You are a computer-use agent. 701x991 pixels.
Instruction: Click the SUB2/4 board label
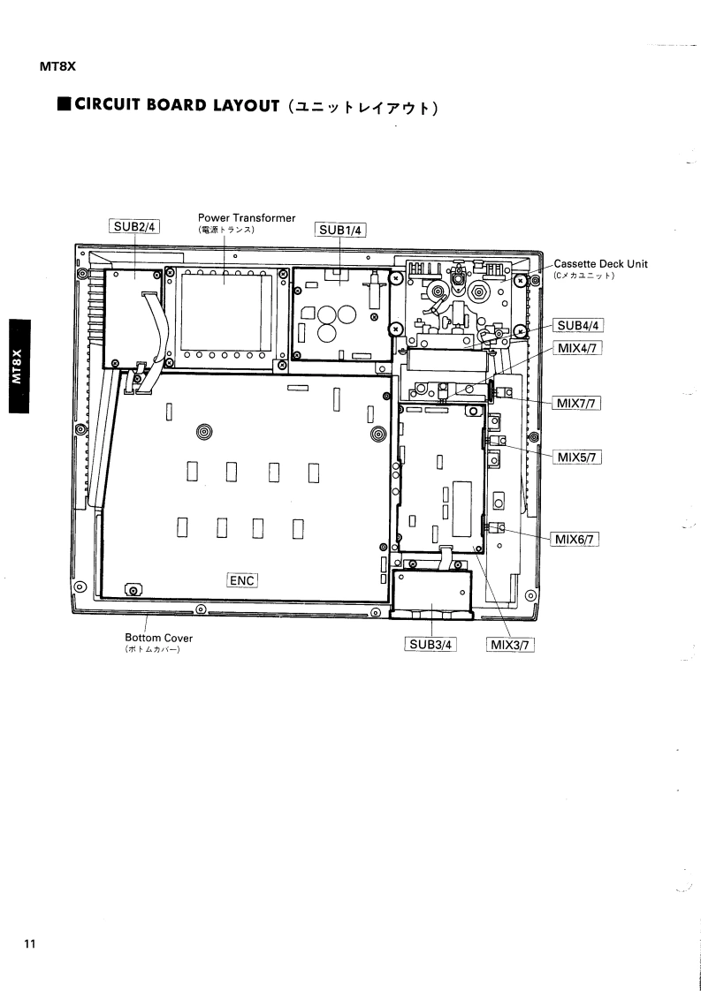[x=133, y=226]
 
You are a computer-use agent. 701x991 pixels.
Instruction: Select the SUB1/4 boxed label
[x=340, y=231]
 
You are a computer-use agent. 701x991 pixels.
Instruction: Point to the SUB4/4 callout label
[x=578, y=325]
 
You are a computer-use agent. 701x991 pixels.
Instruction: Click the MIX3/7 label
[x=510, y=644]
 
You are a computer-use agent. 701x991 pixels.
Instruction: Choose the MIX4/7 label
[x=578, y=348]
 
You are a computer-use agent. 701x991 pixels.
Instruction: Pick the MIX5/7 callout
[x=577, y=457]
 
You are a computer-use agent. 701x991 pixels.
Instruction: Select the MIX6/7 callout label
[x=576, y=538]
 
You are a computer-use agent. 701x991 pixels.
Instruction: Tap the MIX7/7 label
[x=576, y=404]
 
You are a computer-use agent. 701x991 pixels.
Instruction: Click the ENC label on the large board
[x=242, y=580]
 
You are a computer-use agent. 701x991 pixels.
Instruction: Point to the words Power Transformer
[x=247, y=218]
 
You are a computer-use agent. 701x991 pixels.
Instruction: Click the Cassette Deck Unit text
[x=601, y=264]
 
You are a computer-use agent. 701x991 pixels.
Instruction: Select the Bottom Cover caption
[x=158, y=638]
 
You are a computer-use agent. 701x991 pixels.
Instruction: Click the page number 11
[x=30, y=944]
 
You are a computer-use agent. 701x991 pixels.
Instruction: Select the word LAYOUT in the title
[x=246, y=108]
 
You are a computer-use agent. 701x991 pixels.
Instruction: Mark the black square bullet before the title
[x=64, y=108]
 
